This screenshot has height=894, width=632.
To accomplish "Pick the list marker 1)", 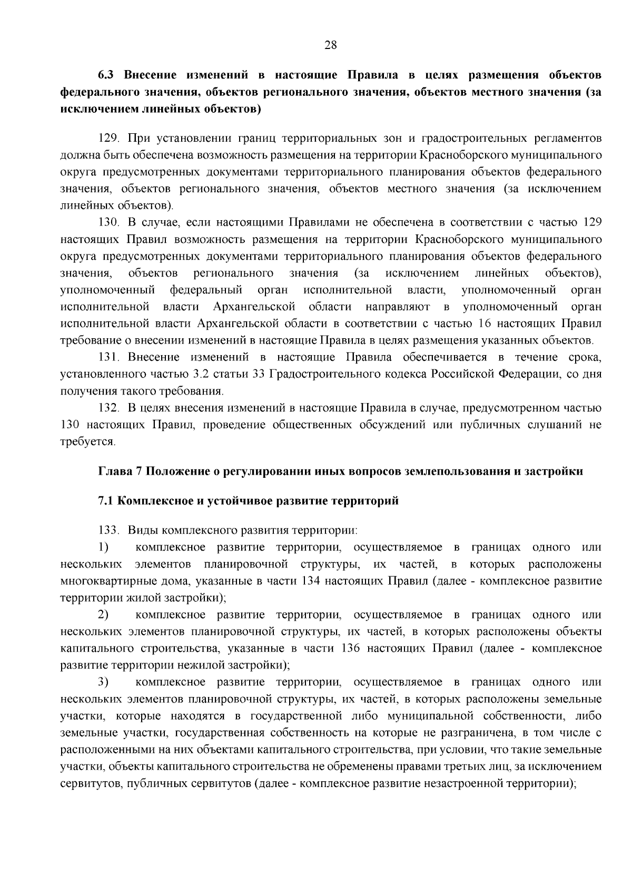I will click(x=103, y=548).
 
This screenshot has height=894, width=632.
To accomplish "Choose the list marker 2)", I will click(x=103, y=615).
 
